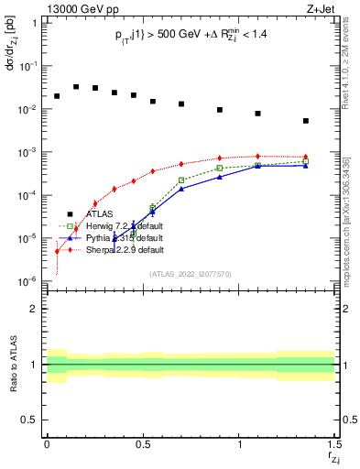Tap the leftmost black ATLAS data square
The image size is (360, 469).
pos(57,96)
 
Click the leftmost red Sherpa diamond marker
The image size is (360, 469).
pos(57,251)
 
